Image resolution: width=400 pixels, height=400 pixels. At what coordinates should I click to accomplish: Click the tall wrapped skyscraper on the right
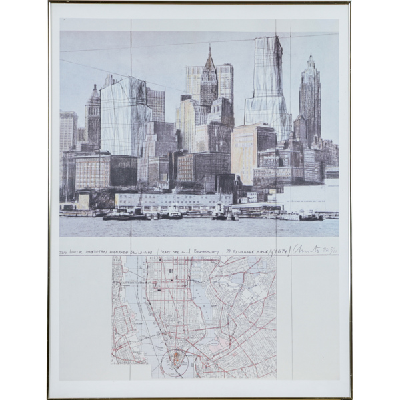tap(268, 87)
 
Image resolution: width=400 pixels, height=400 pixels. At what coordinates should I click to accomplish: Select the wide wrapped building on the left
tap(125, 117)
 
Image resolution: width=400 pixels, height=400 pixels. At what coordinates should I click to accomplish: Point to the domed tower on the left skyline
tap(93, 117)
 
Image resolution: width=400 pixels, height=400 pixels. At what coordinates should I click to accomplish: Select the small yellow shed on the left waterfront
tap(83, 200)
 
